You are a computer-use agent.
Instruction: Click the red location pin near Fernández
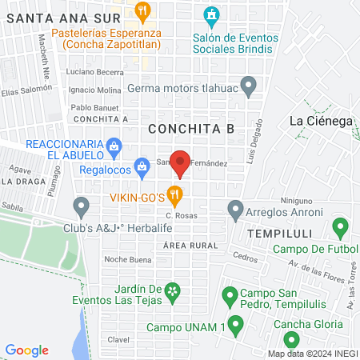181,163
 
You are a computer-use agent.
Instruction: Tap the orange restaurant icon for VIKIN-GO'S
175,194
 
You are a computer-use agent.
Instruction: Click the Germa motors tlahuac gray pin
248,84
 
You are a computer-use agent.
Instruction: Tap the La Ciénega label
320,121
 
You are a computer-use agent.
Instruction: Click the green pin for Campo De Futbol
340,227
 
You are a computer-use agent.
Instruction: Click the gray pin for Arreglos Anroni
235,210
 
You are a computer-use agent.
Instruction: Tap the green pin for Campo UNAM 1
235,324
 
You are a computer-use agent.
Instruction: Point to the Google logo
27,350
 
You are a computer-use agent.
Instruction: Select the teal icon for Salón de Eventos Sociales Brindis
210,14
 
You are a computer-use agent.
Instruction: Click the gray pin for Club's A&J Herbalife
81,207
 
